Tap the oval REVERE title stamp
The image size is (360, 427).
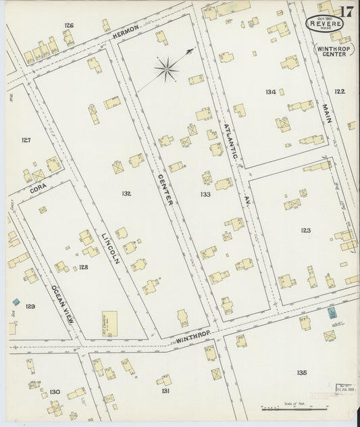click(324, 24)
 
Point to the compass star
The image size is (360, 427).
click(167, 68)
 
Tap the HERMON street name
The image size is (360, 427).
click(126, 32)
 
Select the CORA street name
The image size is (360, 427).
click(38, 190)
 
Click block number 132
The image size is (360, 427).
click(126, 193)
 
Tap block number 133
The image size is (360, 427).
click(205, 194)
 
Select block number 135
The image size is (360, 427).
click(301, 372)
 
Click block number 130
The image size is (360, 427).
click(55, 391)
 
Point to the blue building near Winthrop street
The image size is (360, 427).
click(332, 313)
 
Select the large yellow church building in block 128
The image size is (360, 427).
click(109, 322)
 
